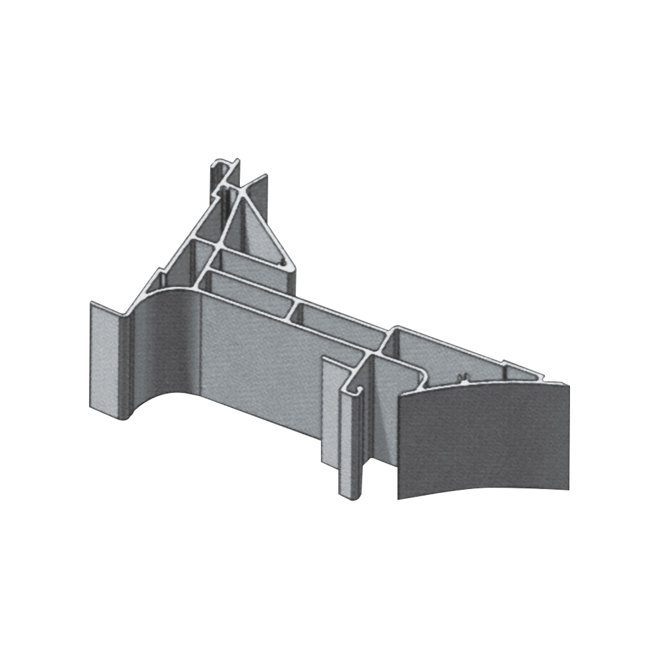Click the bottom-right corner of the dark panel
[x=569, y=488]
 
